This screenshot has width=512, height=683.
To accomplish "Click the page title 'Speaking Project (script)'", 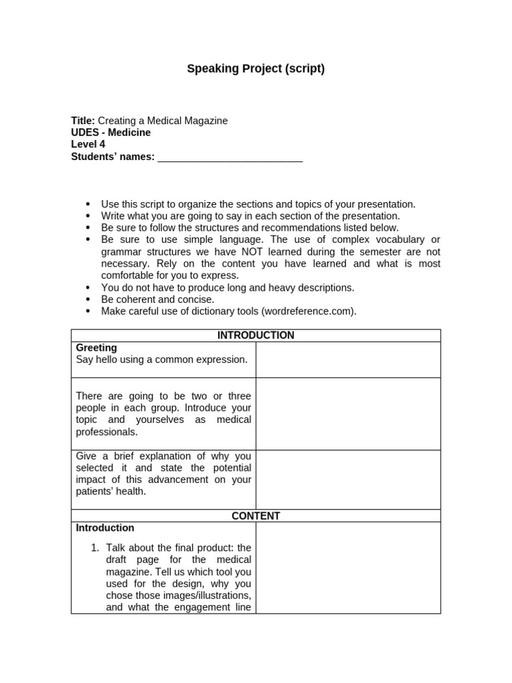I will tap(255, 69).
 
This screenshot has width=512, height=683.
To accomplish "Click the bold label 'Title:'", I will tap(83, 121).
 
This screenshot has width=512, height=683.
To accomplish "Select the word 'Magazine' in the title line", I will tap(206, 121).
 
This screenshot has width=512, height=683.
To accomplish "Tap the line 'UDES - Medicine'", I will tap(111, 133).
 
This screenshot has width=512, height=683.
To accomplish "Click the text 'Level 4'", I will tap(88, 145).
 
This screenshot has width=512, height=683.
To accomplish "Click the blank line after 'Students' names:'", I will tap(230, 157).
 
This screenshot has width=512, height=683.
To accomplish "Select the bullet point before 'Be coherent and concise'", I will tap(88, 299).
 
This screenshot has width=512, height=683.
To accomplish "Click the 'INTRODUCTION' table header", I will tap(255, 335).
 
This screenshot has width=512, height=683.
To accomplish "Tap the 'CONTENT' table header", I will tap(255, 516).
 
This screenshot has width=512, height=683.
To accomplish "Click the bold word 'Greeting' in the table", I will tap(96, 348).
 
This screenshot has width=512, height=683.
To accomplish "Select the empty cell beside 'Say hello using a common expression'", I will tap(347, 360).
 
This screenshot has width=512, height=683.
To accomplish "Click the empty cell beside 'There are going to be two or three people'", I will tap(347, 414).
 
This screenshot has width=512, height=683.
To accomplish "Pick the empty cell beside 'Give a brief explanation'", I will tap(347, 479).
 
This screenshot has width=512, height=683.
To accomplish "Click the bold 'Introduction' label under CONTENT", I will tap(105, 528).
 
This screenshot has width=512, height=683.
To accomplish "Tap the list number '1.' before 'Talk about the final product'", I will tap(95, 548).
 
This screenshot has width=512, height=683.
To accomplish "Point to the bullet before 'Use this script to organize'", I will tap(88, 204).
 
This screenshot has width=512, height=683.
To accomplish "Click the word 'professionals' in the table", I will tap(106, 432).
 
